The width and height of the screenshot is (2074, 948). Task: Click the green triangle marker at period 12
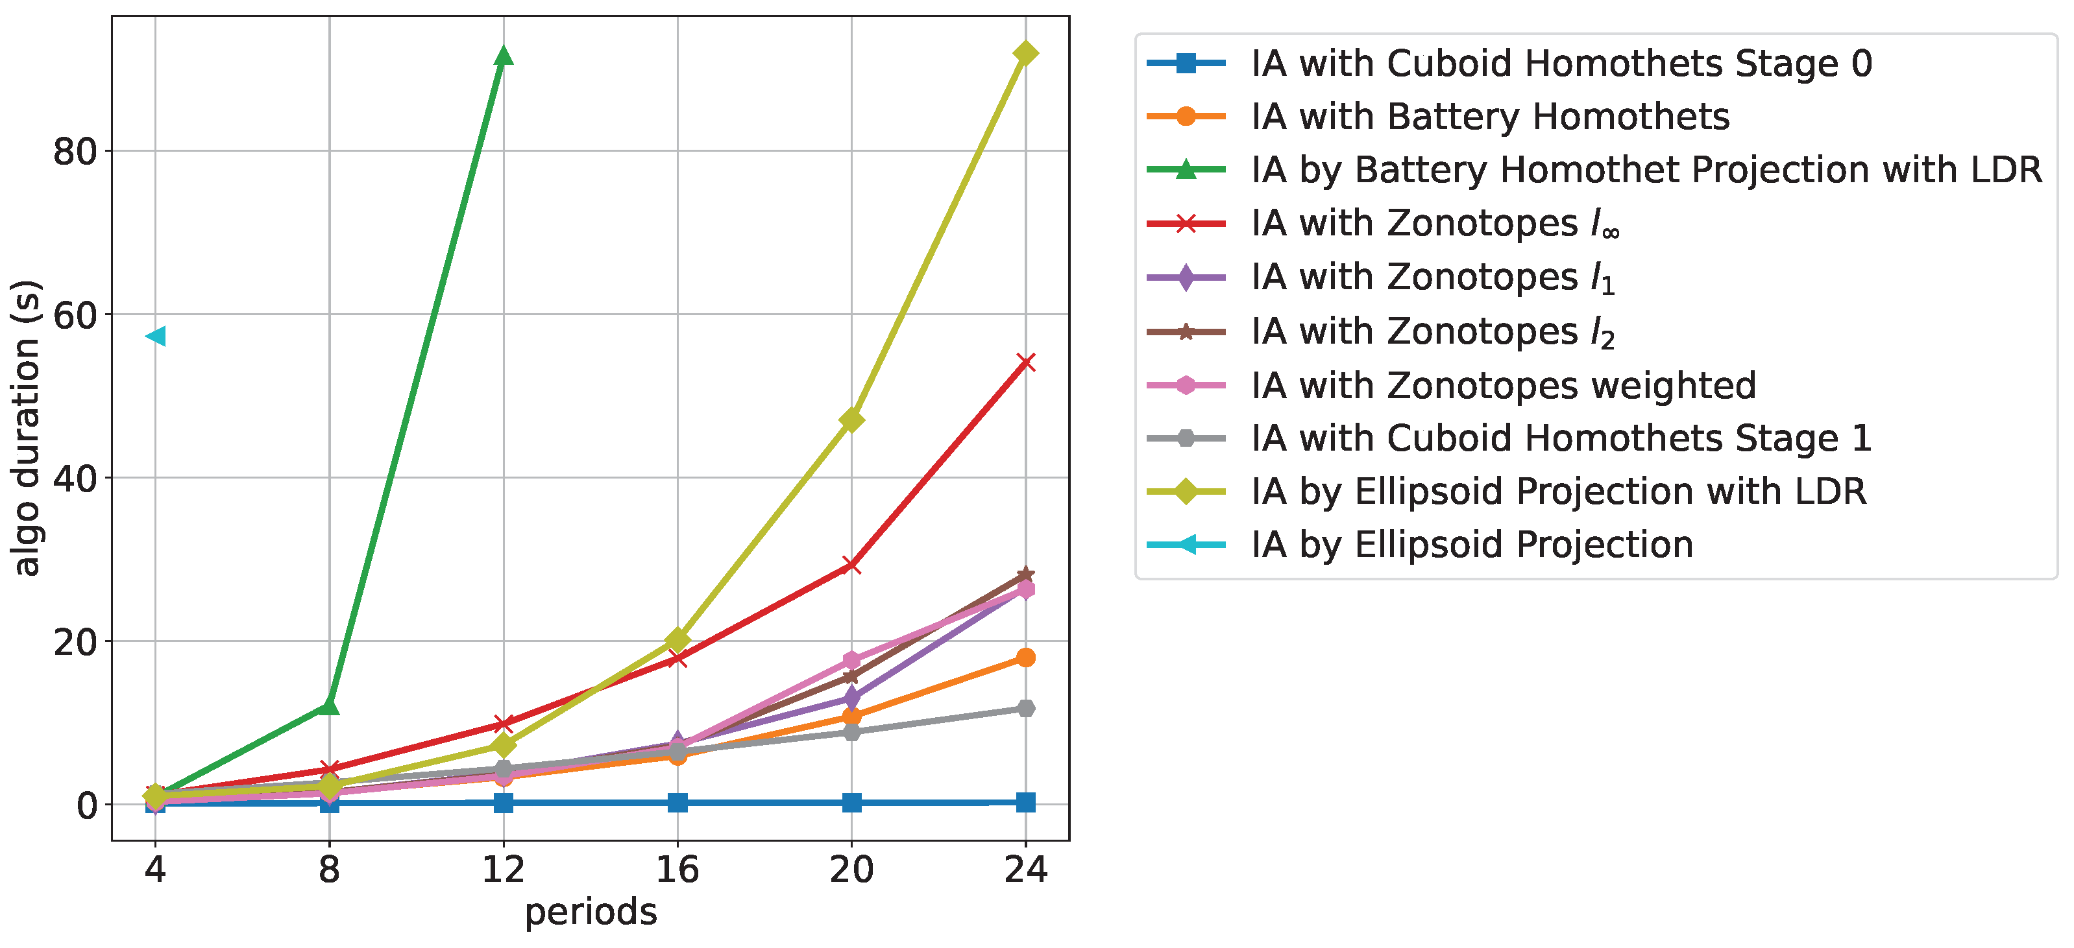click(x=503, y=56)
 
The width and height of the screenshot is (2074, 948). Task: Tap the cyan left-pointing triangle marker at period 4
click(x=155, y=336)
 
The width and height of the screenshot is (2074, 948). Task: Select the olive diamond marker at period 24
click(x=1025, y=53)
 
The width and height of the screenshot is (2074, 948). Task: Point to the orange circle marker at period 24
click(x=1025, y=658)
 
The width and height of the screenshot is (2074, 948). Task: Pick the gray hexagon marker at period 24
click(x=1025, y=708)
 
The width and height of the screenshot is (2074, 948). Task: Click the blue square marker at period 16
click(x=677, y=802)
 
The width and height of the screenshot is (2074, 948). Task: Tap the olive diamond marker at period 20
click(x=851, y=420)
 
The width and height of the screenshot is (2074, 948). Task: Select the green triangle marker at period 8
click(x=329, y=705)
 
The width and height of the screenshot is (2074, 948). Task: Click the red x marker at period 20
click(x=851, y=565)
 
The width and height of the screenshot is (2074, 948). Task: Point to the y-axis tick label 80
click(x=75, y=151)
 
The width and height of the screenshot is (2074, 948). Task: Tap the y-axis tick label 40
click(x=75, y=478)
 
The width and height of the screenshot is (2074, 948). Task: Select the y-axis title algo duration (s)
click(x=26, y=428)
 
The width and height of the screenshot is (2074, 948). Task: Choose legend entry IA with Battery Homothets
click(x=1489, y=117)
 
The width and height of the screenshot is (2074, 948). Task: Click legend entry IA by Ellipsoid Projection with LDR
click(x=1558, y=491)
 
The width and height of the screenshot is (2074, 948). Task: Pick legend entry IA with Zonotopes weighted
click(x=1502, y=385)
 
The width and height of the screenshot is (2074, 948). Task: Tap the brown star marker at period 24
click(x=1025, y=574)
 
